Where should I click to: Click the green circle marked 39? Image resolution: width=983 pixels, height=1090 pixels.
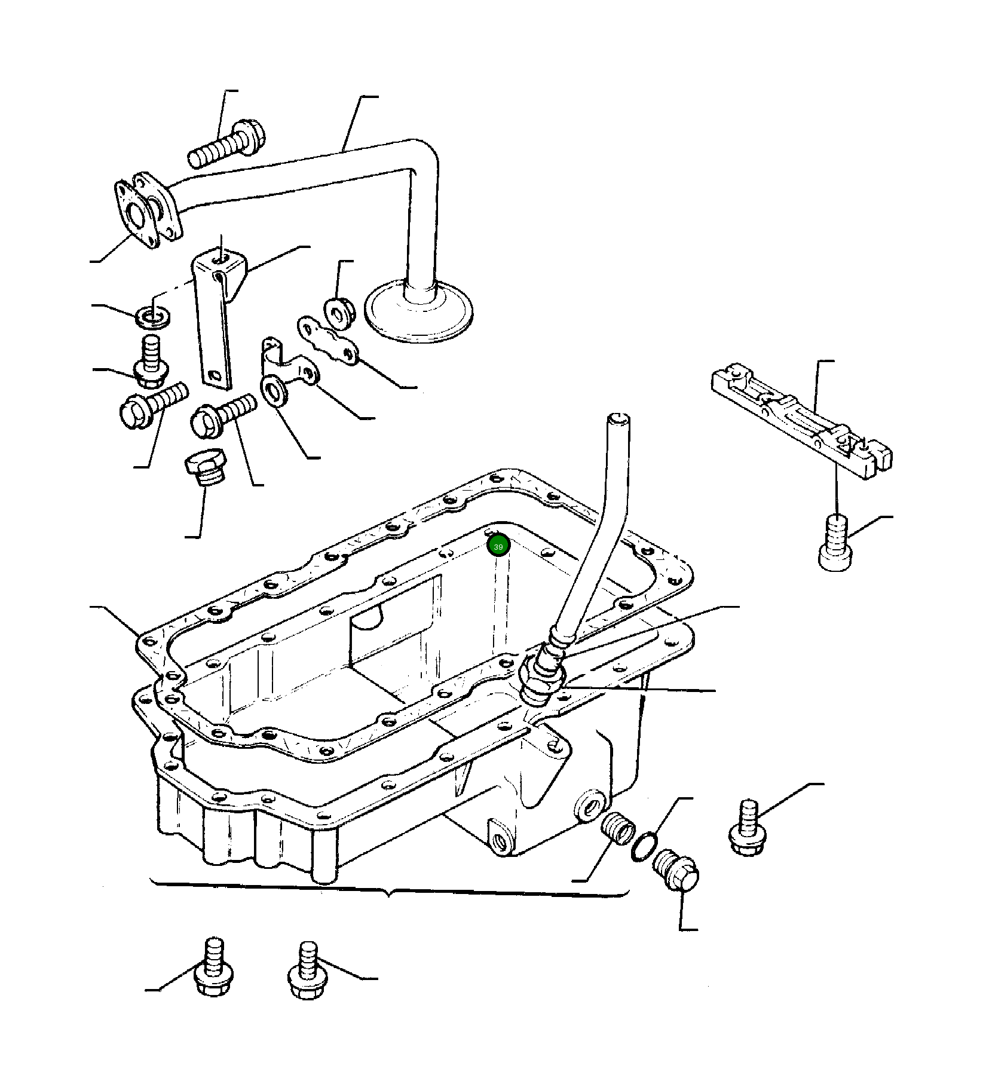click(498, 546)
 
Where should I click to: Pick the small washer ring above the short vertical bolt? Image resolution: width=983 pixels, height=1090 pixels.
click(154, 316)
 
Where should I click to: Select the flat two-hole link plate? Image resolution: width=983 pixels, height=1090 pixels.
click(327, 341)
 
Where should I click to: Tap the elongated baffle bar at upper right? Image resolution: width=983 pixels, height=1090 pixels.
click(801, 417)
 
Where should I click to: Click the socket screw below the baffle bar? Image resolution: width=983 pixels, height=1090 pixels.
click(834, 543)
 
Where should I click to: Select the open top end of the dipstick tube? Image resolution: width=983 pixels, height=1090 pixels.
click(617, 420)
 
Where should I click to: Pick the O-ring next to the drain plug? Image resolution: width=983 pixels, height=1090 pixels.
click(643, 847)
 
